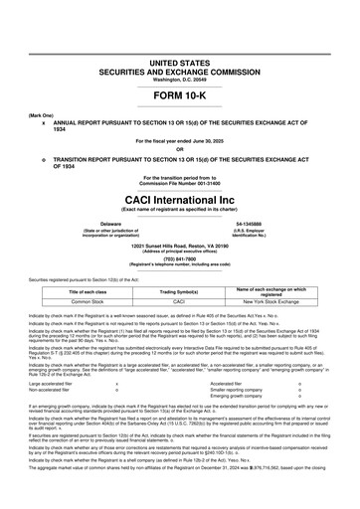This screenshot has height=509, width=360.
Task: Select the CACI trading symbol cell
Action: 179,300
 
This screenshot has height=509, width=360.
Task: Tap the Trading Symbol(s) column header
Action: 179,290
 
